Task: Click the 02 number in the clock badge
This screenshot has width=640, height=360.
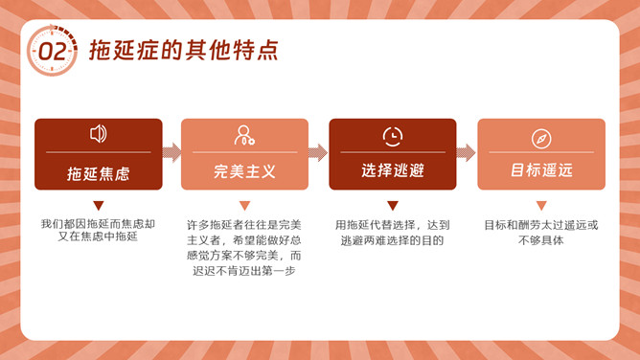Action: point(53,52)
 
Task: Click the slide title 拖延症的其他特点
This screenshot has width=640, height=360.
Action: point(184,50)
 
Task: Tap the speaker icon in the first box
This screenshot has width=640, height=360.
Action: point(99,134)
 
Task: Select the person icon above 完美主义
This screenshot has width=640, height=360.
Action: point(244,135)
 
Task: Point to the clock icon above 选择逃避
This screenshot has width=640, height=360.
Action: point(393,137)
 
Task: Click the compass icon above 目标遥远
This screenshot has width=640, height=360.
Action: point(541,139)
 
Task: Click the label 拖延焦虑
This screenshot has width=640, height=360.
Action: point(99,174)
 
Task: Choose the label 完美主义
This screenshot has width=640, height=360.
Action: point(244,171)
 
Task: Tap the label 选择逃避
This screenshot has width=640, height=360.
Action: point(393,170)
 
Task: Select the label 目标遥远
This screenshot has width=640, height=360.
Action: point(541,170)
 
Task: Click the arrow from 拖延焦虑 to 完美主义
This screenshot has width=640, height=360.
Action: point(171,153)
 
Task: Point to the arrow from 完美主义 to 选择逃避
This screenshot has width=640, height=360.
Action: point(318,153)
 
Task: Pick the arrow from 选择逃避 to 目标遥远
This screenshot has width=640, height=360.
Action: point(467,153)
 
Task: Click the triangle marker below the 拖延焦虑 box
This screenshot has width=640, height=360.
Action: point(99,205)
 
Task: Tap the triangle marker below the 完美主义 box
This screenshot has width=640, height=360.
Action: point(244,205)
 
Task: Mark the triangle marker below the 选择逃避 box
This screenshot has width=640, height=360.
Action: point(393,205)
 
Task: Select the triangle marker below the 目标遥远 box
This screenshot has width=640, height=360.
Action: point(541,205)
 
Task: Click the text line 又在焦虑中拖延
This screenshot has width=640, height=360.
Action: point(98,236)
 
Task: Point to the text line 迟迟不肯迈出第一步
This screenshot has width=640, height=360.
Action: point(244,271)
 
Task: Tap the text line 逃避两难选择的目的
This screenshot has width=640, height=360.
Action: point(392,240)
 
